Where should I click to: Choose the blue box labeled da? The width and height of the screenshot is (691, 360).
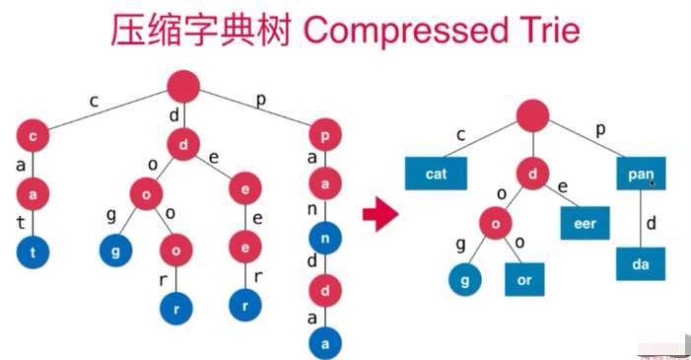pyautogui.click(x=641, y=264)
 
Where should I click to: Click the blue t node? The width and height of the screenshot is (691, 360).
pyautogui.click(x=34, y=252)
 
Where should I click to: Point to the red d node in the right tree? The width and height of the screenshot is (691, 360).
pyautogui.click(x=533, y=175)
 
